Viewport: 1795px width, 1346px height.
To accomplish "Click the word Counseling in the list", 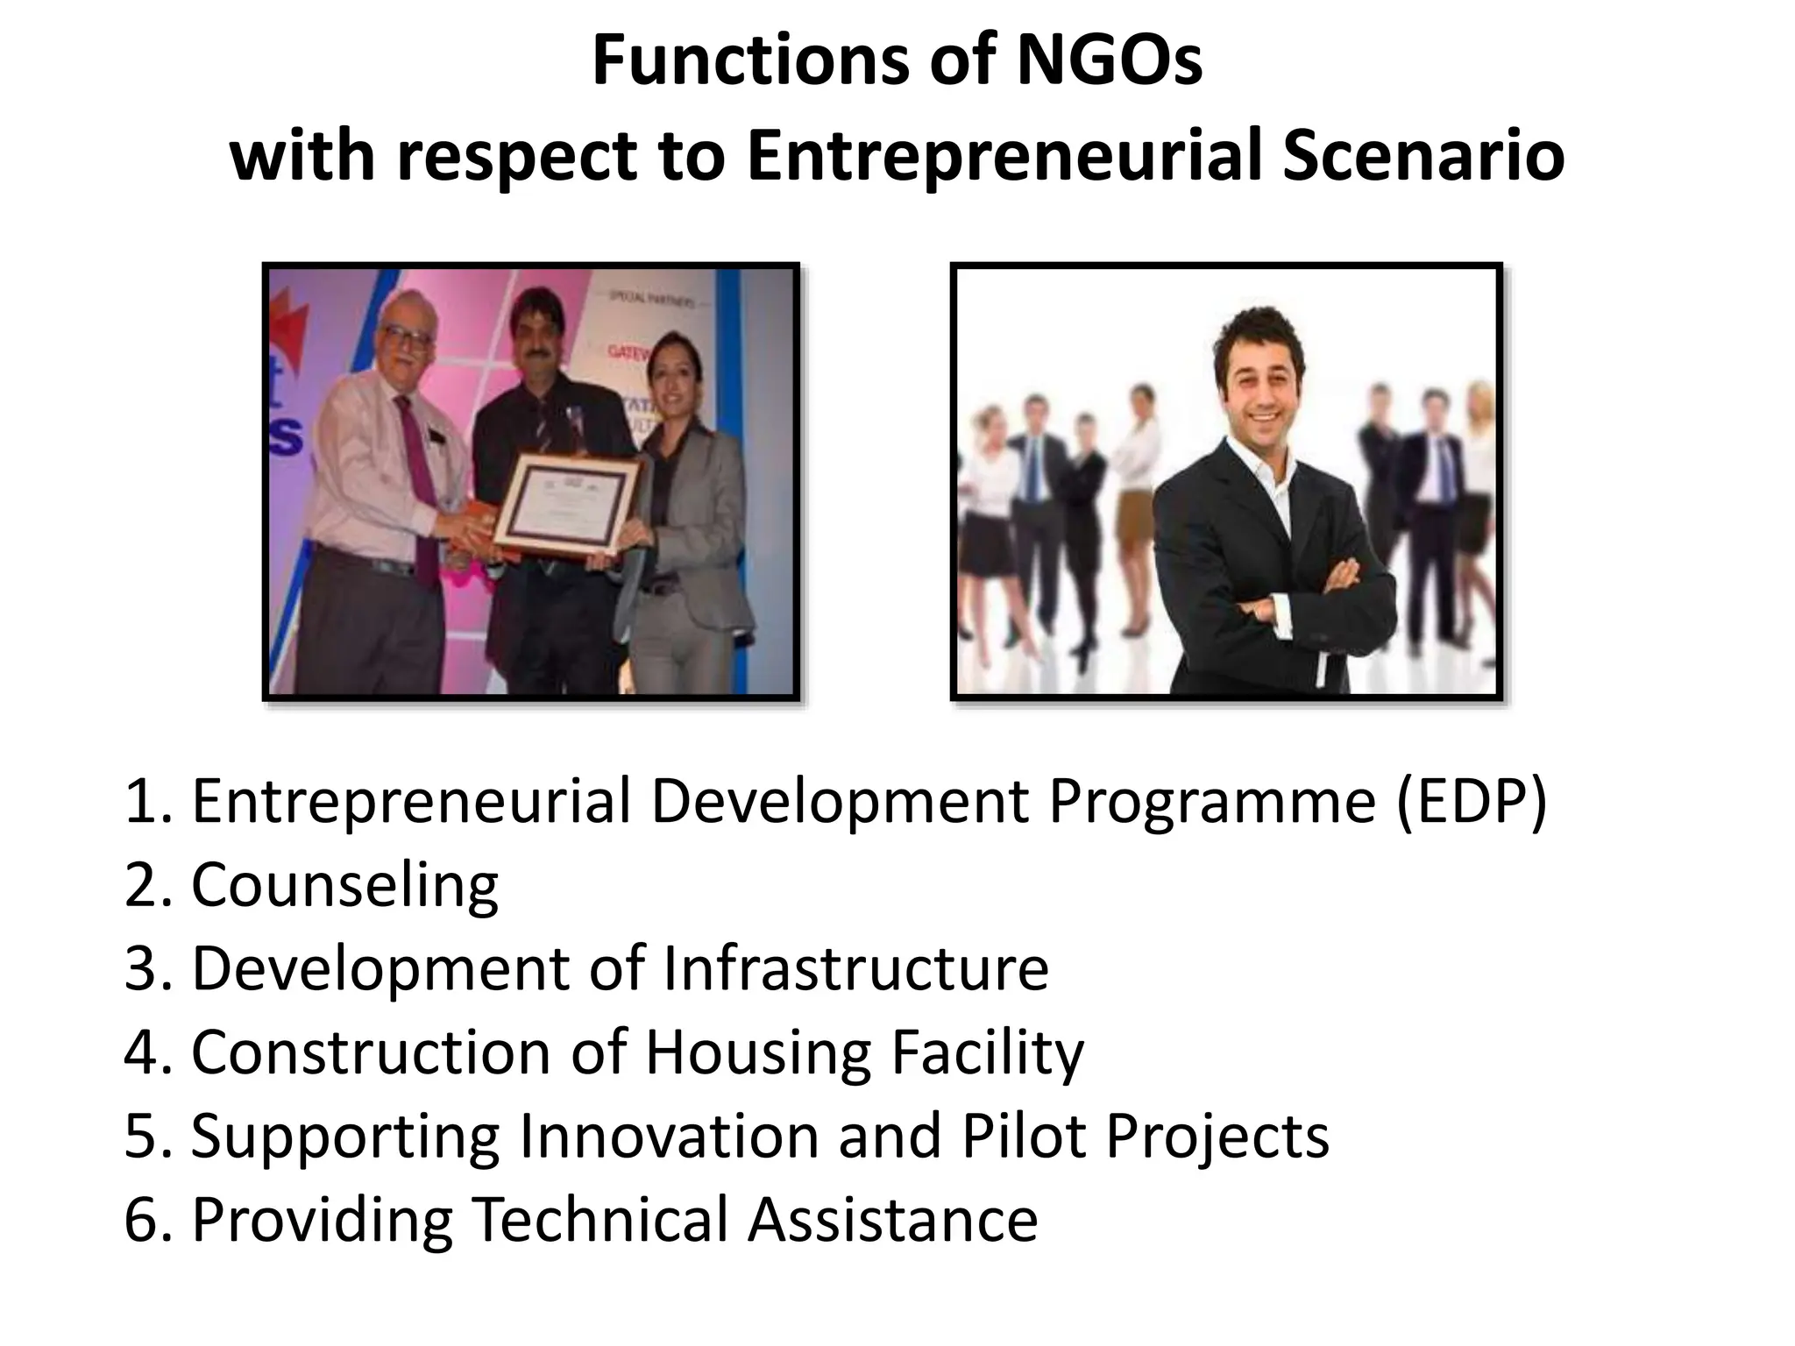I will pos(344,885).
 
